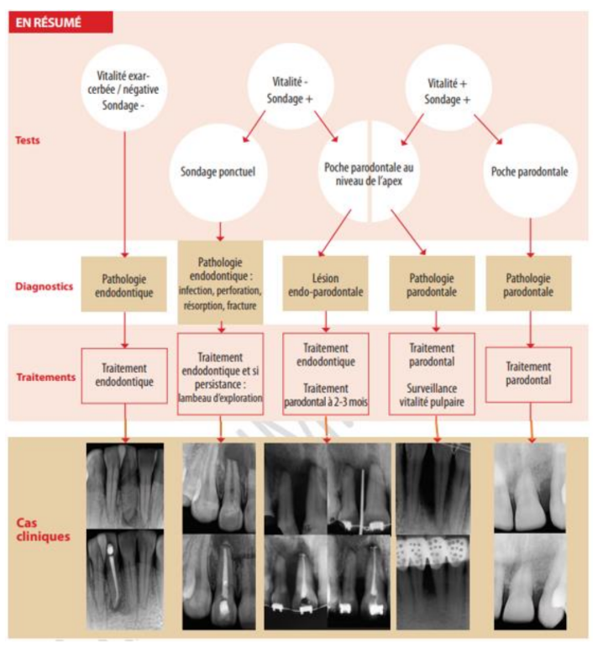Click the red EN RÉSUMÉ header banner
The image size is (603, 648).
60,22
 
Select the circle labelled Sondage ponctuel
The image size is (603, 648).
218,172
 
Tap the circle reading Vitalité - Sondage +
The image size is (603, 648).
291,86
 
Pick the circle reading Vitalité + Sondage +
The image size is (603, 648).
448,87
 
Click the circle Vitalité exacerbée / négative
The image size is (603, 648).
123,88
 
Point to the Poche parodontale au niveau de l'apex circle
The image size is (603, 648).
369,171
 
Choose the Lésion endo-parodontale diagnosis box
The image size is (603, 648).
326,284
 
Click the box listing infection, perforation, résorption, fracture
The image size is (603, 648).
220,283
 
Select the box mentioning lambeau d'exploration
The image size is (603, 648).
220,374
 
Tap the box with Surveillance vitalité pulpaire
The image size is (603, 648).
432,374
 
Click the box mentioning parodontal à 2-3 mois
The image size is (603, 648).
326,374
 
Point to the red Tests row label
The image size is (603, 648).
28,140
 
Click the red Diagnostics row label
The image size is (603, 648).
44,286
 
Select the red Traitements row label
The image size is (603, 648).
46,377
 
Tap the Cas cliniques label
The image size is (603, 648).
43,530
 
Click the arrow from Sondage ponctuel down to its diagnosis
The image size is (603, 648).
220,232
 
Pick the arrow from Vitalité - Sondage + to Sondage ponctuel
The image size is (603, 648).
254,127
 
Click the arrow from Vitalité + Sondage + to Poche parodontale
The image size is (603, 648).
488,130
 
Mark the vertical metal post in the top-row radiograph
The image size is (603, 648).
362,501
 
